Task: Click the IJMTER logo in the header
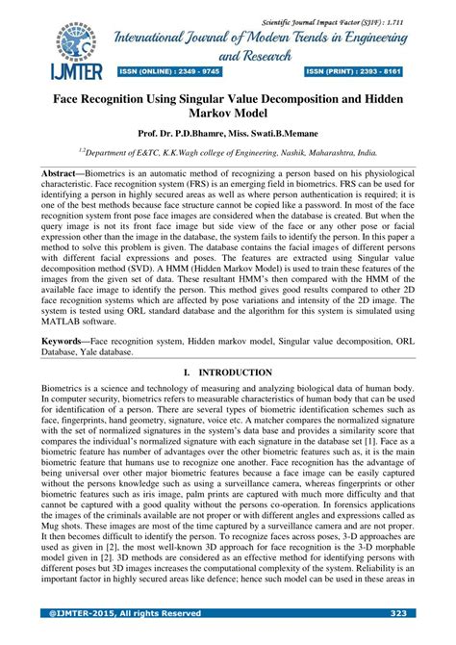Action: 64,50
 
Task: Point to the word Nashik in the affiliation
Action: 292,151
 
